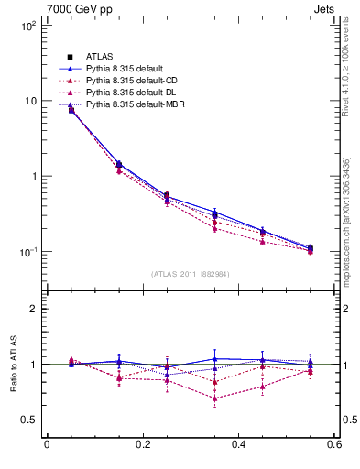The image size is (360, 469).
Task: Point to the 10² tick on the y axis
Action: coord(27,26)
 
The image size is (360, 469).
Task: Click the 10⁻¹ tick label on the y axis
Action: coord(27,251)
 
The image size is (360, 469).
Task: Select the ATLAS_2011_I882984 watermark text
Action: coord(191,274)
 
